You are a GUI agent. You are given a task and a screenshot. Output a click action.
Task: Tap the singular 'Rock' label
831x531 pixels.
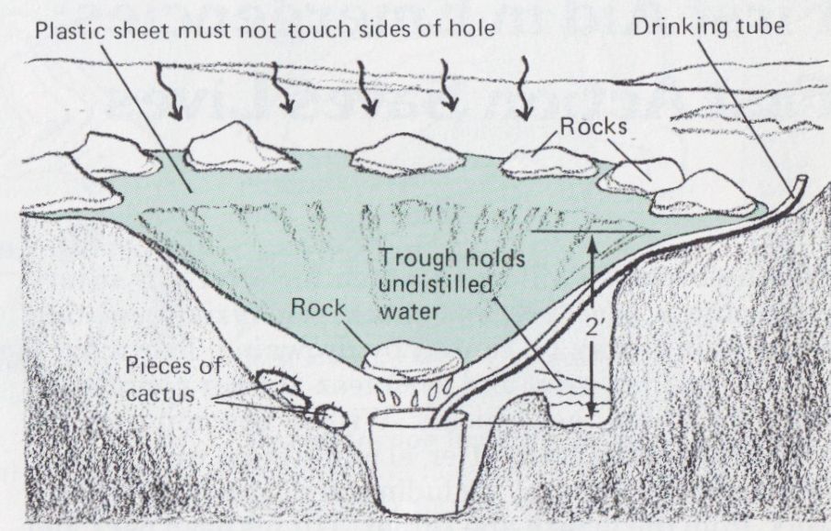[319, 307]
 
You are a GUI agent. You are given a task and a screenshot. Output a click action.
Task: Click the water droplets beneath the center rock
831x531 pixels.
[407, 397]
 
